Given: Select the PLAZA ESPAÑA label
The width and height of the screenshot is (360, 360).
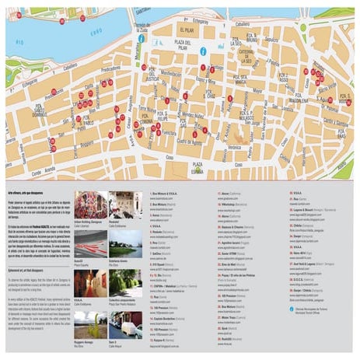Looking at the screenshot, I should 197,167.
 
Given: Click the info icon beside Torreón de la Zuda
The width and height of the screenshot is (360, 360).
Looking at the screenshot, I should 141,38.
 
